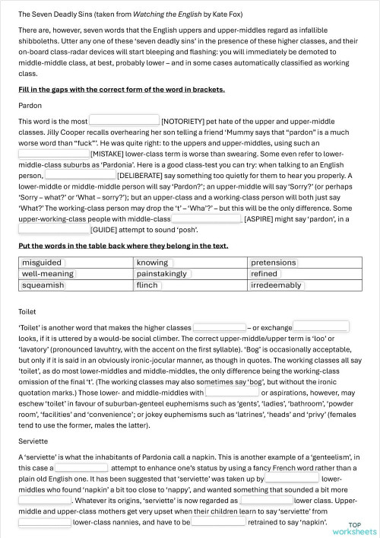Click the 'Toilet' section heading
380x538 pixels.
28,311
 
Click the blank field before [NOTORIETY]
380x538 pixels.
124,120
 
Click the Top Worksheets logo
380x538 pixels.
360,527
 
